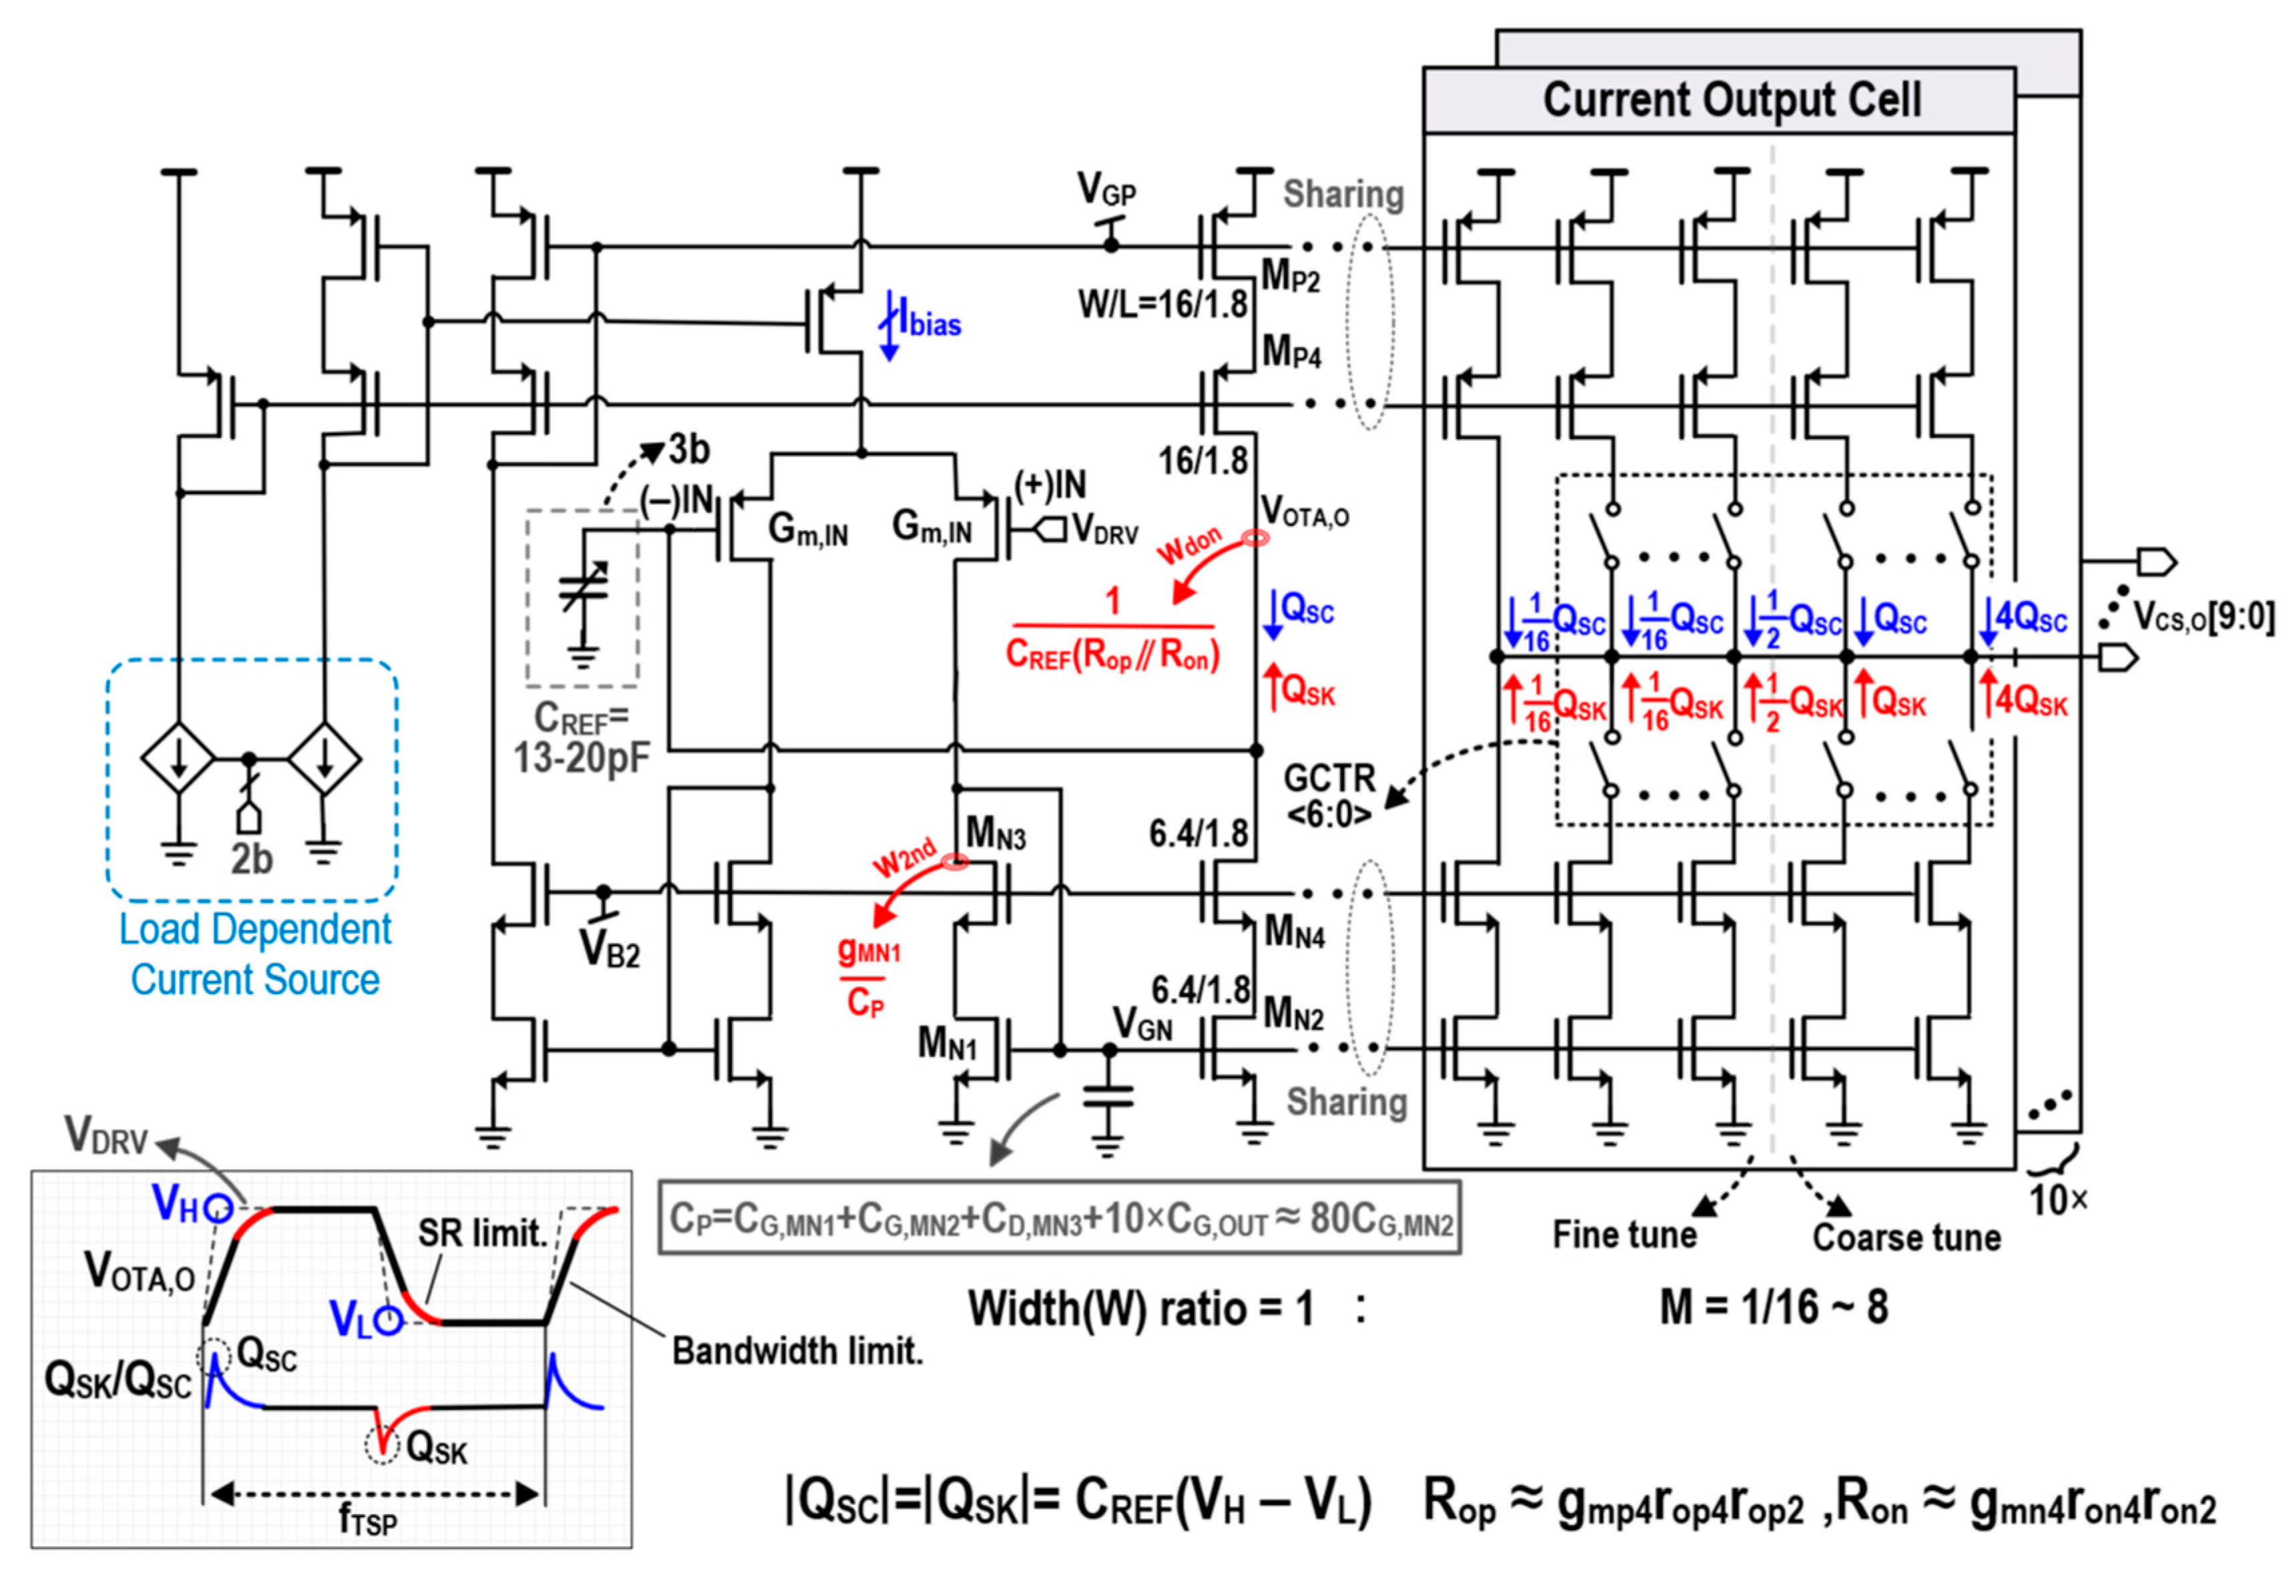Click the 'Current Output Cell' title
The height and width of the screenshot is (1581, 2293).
pyautogui.click(x=1731, y=100)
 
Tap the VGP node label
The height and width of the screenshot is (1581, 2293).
pyautogui.click(x=1106, y=189)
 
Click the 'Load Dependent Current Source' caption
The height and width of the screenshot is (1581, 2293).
pyautogui.click(x=254, y=955)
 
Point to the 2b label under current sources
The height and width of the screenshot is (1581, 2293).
pyautogui.click(x=250, y=859)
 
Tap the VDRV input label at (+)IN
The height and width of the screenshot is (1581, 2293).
pyautogui.click(x=1105, y=532)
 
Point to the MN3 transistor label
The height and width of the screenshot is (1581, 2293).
pyautogui.click(x=996, y=832)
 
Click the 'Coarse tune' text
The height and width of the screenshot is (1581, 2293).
pyautogui.click(x=1906, y=1237)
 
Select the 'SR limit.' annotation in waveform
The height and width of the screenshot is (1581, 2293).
pyautogui.click(x=481, y=1233)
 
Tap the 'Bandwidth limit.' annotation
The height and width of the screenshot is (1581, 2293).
pyautogui.click(x=797, y=1350)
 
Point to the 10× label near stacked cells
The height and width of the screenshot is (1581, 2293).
pyautogui.click(x=2057, y=1200)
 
